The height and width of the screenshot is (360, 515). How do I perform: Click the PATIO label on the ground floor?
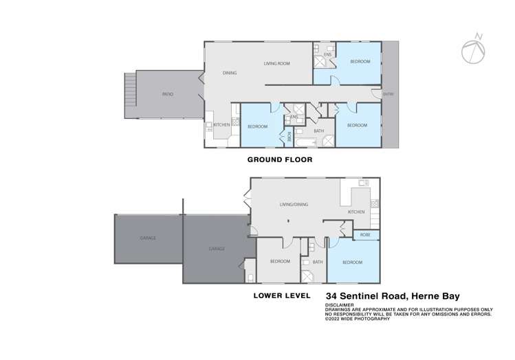167,94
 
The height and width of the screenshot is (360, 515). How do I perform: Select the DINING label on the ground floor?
230,72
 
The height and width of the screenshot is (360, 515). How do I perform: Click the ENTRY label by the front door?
388,94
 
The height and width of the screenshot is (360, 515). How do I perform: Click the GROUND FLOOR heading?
279,159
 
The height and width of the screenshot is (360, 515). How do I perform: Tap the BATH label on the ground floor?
319,131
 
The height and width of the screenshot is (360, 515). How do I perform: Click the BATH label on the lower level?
318,262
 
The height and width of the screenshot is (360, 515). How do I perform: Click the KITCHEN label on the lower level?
355,212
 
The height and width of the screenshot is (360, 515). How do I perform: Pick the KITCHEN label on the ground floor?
221,124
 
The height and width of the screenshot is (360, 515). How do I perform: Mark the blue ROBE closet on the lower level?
364,234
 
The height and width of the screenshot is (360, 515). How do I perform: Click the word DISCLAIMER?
340,304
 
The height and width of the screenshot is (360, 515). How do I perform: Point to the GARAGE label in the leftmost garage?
148,238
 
